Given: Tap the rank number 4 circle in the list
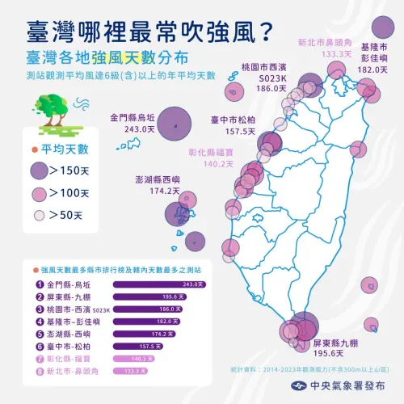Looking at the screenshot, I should click(39, 322).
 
